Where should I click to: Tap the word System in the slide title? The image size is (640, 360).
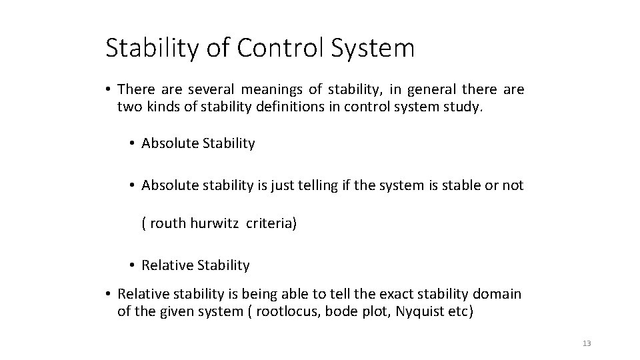[377, 48]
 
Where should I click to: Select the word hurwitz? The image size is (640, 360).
[215, 223]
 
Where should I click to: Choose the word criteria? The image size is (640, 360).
[271, 223]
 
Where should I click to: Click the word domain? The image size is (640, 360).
[499, 294]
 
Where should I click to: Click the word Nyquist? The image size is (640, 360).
[415, 311]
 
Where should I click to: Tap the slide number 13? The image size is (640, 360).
[587, 343]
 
